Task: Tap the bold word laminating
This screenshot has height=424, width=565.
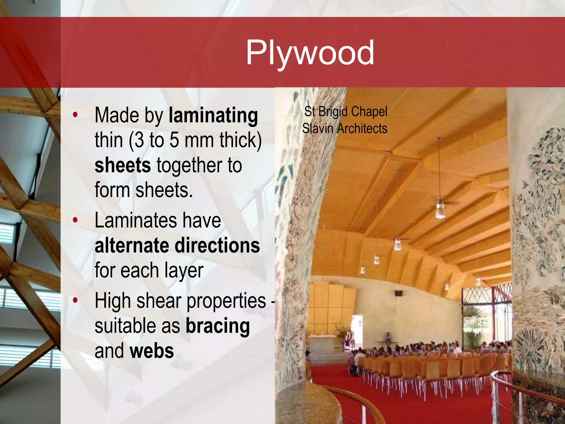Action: (x=213, y=115)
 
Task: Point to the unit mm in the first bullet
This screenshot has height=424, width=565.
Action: (x=201, y=140)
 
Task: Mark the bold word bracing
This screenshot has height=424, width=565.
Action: (x=218, y=326)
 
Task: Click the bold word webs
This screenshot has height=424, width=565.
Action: (x=152, y=351)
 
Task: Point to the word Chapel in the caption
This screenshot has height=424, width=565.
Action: (x=369, y=112)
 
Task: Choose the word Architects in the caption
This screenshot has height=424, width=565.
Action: (x=362, y=129)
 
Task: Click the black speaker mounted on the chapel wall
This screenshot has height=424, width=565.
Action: (x=399, y=293)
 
